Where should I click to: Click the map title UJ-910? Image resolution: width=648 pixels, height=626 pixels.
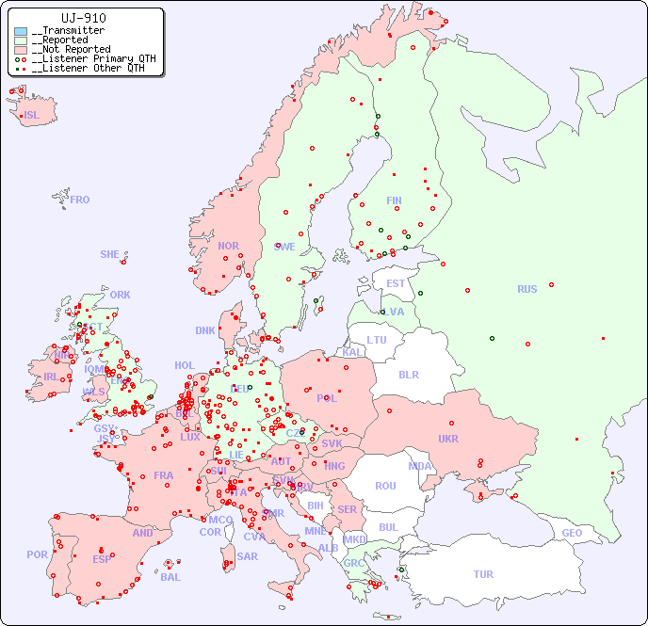tap(83, 18)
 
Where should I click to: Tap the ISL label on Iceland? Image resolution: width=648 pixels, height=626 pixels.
tap(32, 116)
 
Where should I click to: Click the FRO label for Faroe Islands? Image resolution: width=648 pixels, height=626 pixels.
tap(80, 200)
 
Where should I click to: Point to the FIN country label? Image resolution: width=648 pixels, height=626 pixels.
tap(394, 201)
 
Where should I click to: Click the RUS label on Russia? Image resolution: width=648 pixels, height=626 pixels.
tap(526, 289)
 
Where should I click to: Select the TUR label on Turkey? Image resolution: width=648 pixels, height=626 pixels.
tap(483, 574)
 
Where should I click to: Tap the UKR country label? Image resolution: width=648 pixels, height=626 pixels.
tap(447, 439)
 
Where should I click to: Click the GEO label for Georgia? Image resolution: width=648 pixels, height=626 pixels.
tap(572, 533)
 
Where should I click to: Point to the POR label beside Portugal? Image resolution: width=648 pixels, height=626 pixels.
tap(37, 554)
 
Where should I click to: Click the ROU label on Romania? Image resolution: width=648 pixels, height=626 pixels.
tap(385, 486)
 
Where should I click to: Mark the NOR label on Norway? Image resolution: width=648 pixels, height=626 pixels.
tap(228, 246)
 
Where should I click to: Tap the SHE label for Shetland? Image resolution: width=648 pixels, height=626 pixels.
tap(110, 254)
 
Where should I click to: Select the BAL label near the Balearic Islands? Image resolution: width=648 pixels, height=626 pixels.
tap(170, 577)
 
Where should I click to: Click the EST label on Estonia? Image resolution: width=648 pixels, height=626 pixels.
tap(396, 283)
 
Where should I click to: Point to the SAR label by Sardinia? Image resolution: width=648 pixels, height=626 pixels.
tap(247, 555)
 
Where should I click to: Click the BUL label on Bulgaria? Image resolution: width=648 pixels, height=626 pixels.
tap(388, 527)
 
